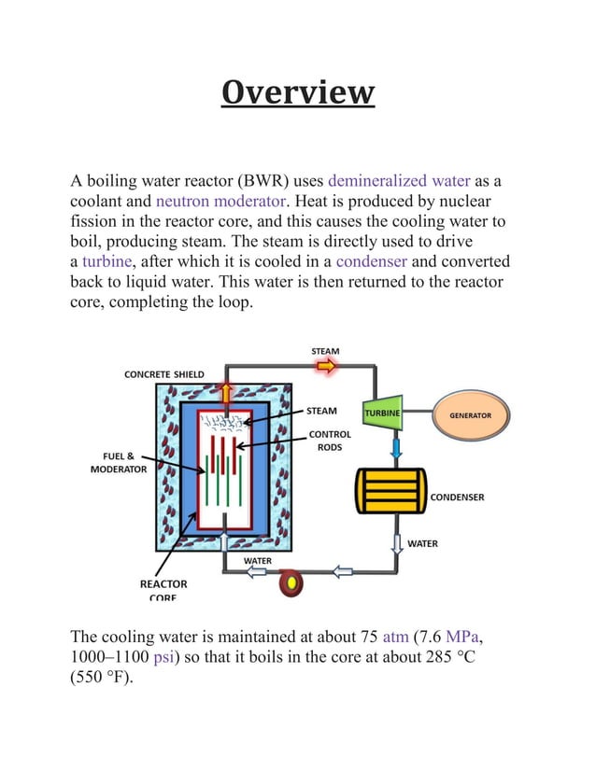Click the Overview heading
click(298, 93)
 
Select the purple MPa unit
click(465, 638)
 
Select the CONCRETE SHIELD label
click(164, 374)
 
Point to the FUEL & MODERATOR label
click(118, 463)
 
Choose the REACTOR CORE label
click(163, 590)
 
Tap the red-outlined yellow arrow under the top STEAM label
click(324, 367)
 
